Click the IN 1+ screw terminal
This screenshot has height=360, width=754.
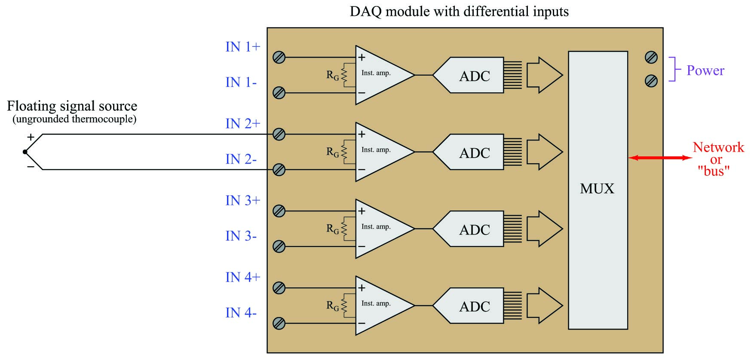click(x=279, y=57)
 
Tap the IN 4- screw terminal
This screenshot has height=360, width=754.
click(x=279, y=323)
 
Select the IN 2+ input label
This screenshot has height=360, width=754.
click(x=243, y=124)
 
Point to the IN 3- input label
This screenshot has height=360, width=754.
click(x=241, y=236)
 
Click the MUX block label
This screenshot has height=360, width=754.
click(x=597, y=189)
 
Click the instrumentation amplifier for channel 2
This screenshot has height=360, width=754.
click(x=380, y=152)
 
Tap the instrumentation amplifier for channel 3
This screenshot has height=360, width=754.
click(x=380, y=229)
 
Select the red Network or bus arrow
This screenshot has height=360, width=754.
click(x=660, y=158)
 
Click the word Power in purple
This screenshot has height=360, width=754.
click(x=705, y=70)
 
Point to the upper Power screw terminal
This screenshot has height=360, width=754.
click(x=651, y=57)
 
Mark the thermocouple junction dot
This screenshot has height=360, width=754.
click(x=25, y=152)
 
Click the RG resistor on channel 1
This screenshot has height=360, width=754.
click(x=344, y=75)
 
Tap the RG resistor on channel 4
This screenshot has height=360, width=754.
click(x=344, y=305)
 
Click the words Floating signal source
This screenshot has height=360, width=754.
click(x=72, y=106)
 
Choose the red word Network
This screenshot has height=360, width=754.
click(x=718, y=147)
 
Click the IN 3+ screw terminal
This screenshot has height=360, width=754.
click(x=279, y=211)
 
